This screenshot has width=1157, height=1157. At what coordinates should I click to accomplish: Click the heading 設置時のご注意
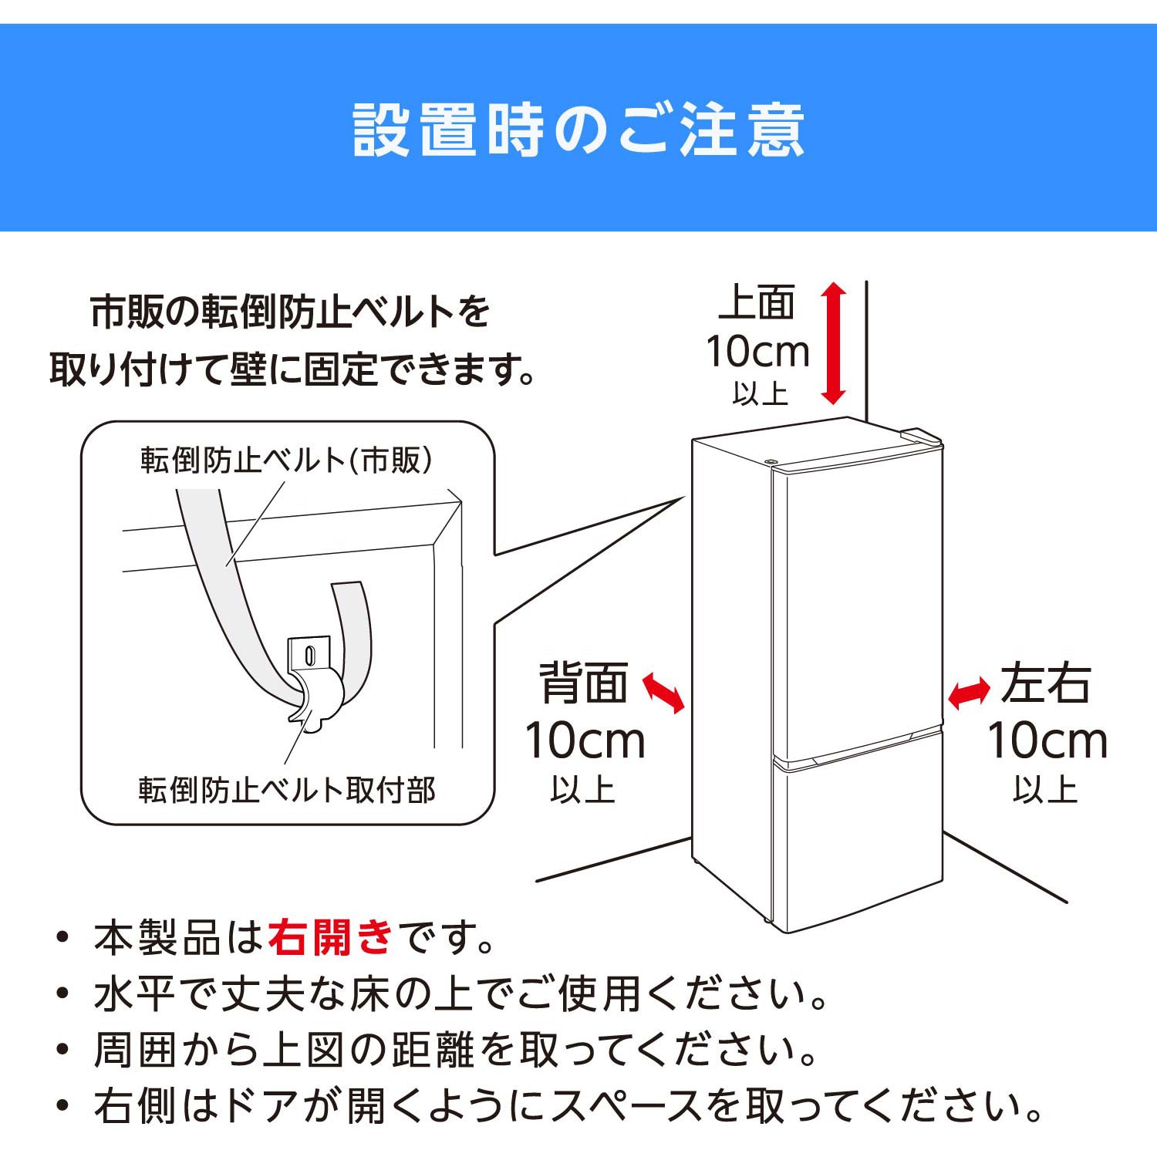pyautogui.click(x=578, y=130)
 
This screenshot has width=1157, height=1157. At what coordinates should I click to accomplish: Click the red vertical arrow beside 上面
pyautogui.click(x=833, y=343)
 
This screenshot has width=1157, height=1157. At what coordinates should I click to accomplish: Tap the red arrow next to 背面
pyautogui.click(x=663, y=692)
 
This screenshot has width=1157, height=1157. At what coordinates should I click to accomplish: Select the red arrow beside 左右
pyautogui.click(x=969, y=693)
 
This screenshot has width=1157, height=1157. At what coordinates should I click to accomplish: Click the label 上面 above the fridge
pyautogui.click(x=757, y=302)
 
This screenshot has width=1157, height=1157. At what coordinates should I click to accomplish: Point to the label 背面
pyautogui.click(x=583, y=683)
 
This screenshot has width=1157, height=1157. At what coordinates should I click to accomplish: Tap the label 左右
pyautogui.click(x=1046, y=683)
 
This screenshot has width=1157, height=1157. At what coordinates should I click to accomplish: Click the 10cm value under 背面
pyautogui.click(x=585, y=740)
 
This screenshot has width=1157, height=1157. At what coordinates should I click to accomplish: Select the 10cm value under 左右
pyautogui.click(x=1047, y=740)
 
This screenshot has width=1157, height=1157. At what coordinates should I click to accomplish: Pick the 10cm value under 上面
pyautogui.click(x=757, y=352)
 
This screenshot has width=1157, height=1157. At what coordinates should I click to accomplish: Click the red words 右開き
pyautogui.click(x=331, y=938)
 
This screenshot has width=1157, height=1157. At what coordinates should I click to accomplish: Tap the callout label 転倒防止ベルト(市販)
pyautogui.click(x=286, y=460)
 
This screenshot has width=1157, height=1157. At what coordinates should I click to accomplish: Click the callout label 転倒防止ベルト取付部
pyautogui.click(x=287, y=790)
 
